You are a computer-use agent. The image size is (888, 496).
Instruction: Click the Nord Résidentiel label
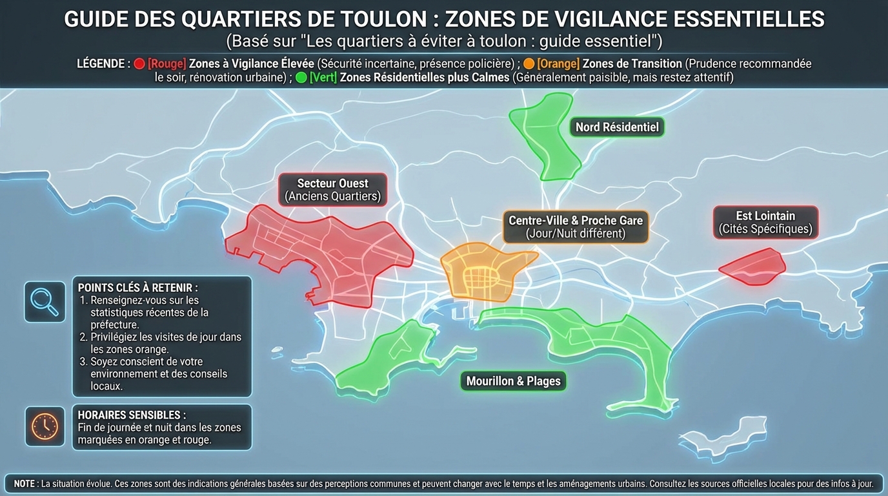pyautogui.click(x=617, y=127)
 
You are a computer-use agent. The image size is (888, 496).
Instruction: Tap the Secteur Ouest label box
pyautogui.click(x=333, y=189)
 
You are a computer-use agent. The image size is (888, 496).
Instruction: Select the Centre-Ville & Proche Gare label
pyautogui.click(x=576, y=227)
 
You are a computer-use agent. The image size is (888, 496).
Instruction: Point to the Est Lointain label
pyautogui.click(x=765, y=222)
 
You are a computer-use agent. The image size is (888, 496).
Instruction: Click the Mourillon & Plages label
pyautogui.click(x=514, y=381)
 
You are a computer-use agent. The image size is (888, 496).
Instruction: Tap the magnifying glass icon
pyautogui.click(x=45, y=302)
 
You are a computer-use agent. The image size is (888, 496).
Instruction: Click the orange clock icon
pyautogui.click(x=45, y=426)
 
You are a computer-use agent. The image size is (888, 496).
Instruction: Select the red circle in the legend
pyautogui.click(x=139, y=64)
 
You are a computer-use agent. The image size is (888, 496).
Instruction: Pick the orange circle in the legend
pyautogui.click(x=529, y=64)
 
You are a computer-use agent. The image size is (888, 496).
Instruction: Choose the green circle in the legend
pyautogui.click(x=301, y=77)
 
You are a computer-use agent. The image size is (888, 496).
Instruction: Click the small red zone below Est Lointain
pyautogui.click(x=753, y=267)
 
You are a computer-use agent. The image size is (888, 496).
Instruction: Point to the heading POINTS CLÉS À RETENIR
pyautogui.click(x=137, y=287)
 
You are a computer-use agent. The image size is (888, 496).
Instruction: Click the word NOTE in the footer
pyautogui.click(x=25, y=484)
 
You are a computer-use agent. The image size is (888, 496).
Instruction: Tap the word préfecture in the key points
pyautogui.click(x=114, y=325)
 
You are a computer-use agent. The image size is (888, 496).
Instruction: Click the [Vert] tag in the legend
pyautogui.click(x=323, y=77)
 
